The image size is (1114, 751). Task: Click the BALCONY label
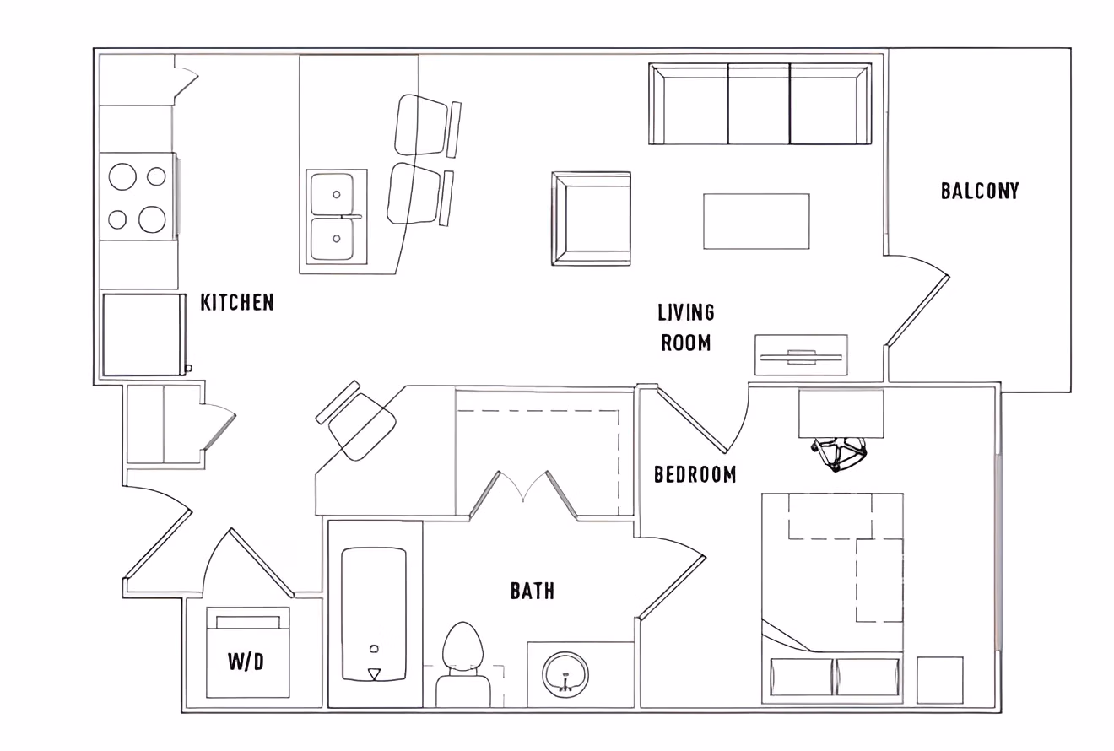click(x=980, y=191)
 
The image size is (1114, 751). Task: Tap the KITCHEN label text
click(x=237, y=302)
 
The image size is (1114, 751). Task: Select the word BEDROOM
click(x=695, y=475)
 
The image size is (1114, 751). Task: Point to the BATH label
click(x=533, y=591)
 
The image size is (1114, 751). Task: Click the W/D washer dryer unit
click(x=248, y=654)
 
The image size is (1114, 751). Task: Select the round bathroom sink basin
click(x=566, y=673)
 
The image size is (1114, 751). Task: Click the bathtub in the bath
click(x=374, y=613)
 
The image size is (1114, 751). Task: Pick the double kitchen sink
click(x=335, y=217)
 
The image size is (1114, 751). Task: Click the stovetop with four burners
click(x=138, y=197)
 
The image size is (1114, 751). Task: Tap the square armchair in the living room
click(x=592, y=219)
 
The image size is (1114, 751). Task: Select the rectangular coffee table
click(x=756, y=221)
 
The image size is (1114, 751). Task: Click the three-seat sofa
click(x=760, y=105)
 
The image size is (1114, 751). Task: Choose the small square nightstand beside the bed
click(x=939, y=680)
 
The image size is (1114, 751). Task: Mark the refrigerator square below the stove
click(x=143, y=334)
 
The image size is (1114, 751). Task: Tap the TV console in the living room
click(x=801, y=355)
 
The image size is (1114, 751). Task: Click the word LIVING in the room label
click(x=686, y=313)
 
